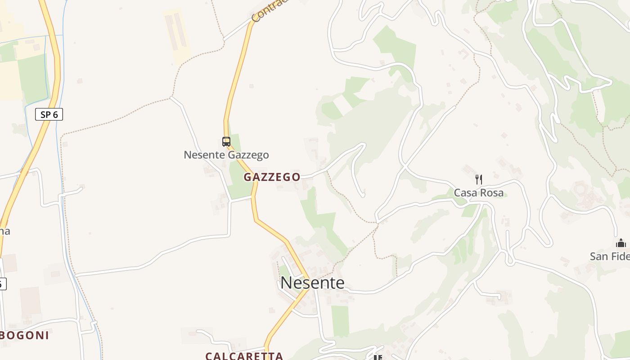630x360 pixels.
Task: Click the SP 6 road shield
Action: [49, 114]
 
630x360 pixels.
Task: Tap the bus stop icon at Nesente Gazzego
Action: [226, 142]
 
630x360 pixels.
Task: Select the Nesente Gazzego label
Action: [226, 155]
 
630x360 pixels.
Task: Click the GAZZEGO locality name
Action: [272, 177]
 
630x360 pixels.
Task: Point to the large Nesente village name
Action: [312, 283]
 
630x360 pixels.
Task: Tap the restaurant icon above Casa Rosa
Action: [479, 180]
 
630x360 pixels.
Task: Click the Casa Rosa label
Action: [478, 193]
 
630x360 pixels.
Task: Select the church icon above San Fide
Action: [621, 243]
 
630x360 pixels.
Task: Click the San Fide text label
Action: [610, 256]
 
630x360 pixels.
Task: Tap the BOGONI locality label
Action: [24, 335]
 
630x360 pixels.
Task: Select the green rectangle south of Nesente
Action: [341, 320]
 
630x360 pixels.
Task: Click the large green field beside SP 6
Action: [32, 79]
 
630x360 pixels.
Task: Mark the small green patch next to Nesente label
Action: [284, 272]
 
